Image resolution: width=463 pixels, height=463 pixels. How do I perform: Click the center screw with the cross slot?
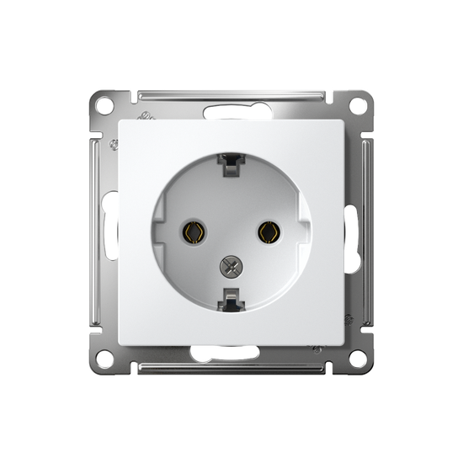(231, 267)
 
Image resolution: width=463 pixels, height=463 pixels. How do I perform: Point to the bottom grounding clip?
(231, 295)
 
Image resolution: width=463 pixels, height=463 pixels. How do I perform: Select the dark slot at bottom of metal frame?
(231, 354)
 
